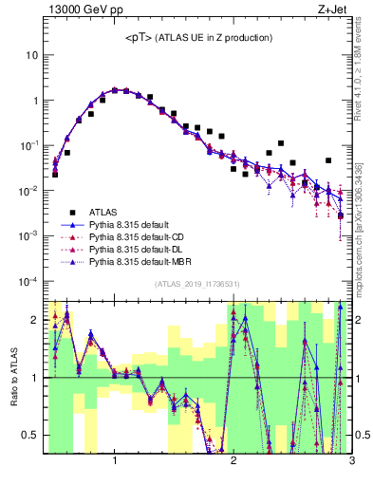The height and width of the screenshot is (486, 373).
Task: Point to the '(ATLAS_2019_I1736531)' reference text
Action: (x=196, y=284)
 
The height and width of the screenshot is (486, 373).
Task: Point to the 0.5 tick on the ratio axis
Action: (x=30, y=435)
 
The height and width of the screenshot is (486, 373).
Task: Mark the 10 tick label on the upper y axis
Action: (x=30, y=55)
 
